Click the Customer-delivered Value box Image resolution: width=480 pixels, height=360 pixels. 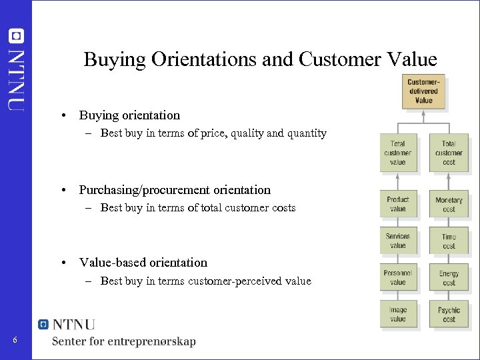[423, 91]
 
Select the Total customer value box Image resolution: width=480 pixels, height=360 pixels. [397, 153]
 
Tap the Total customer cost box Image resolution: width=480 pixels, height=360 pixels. [449, 153]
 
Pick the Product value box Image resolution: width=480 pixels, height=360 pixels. [397, 204]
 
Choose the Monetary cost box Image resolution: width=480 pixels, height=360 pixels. [449, 204]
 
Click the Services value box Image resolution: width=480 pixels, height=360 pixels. [397, 241]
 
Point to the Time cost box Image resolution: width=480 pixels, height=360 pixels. [449, 241]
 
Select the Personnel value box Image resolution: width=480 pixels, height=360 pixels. [397, 277]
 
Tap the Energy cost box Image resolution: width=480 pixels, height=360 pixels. [449, 277]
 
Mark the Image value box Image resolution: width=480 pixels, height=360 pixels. [397, 314]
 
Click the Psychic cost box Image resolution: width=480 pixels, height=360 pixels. [449, 314]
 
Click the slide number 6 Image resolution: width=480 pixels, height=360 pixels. [15, 341]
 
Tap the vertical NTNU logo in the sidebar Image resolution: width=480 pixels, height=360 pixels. [17, 70]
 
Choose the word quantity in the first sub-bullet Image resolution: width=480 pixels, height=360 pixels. [307, 133]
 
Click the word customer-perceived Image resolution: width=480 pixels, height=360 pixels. [240, 281]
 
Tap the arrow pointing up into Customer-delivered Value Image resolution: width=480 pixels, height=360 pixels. [423, 116]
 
